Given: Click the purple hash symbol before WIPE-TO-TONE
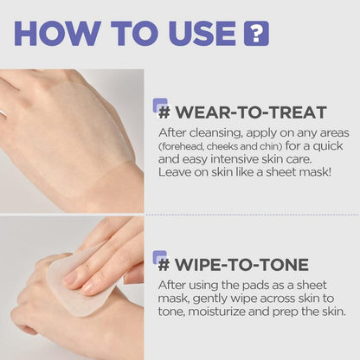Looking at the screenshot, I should click(x=161, y=261).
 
